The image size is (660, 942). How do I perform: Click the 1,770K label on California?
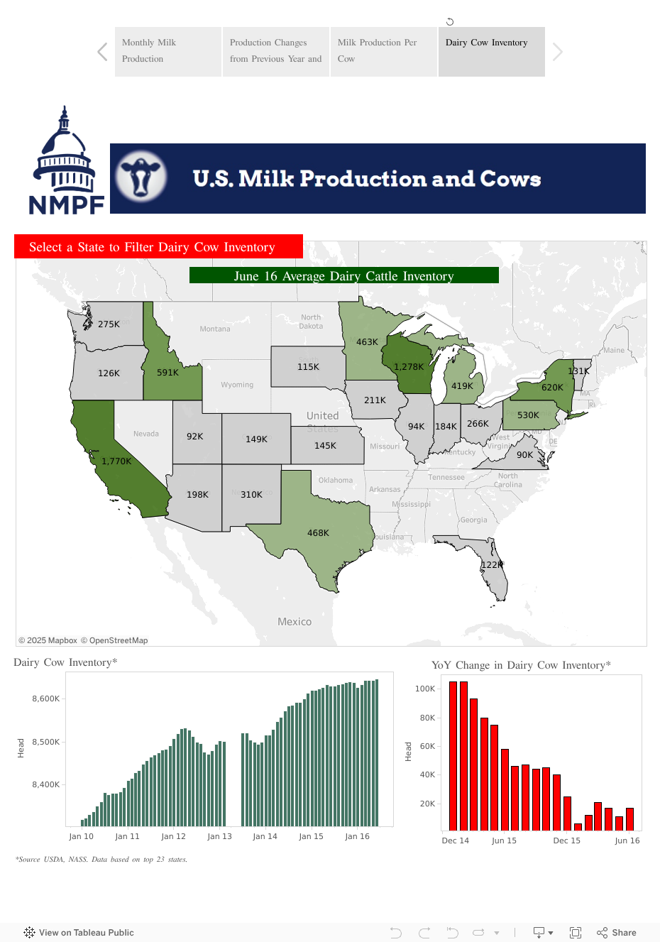pyautogui.click(x=116, y=461)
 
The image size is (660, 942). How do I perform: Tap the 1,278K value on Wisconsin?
pyautogui.click(x=409, y=367)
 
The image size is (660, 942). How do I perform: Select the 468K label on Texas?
pyautogui.click(x=318, y=533)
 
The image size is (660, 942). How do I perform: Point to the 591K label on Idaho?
pyautogui.click(x=167, y=373)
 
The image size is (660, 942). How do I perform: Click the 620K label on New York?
pyautogui.click(x=552, y=388)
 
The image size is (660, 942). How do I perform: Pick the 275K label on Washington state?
pyautogui.click(x=109, y=324)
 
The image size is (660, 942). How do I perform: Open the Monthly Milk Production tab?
pyautogui.click(x=168, y=51)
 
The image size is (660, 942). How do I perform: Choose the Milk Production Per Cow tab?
pyautogui.click(x=383, y=51)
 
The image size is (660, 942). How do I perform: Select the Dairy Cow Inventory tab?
pyautogui.click(x=491, y=51)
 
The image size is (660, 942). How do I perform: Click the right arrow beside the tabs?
pyautogui.click(x=558, y=52)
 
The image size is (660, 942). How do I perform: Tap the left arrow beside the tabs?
pyautogui.click(x=102, y=52)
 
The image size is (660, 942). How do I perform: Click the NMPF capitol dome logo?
pyautogui.click(x=65, y=161)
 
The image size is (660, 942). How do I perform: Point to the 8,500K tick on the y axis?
pyautogui.click(x=46, y=743)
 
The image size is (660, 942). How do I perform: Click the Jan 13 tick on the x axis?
pyautogui.click(x=219, y=836)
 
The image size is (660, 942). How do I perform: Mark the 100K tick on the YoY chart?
pyautogui.click(x=425, y=689)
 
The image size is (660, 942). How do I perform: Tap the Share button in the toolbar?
pyautogui.click(x=617, y=933)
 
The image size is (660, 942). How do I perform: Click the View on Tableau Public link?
pyautogui.click(x=79, y=933)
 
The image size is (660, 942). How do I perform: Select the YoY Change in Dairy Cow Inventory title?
pyautogui.click(x=521, y=665)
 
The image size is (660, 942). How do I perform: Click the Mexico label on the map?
pyautogui.click(x=295, y=622)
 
